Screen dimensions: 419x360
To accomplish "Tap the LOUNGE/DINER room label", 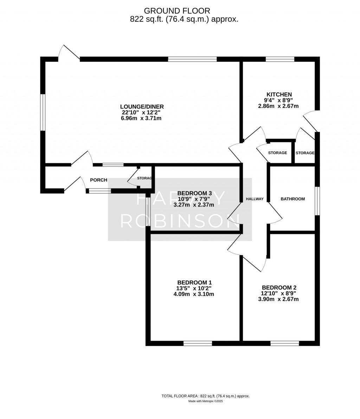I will point(142,107).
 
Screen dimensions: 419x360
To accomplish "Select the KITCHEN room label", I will point(279,94).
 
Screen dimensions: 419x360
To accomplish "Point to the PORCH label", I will point(98,180).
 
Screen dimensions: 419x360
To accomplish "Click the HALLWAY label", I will point(255,199).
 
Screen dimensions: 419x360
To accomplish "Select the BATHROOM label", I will point(292,199).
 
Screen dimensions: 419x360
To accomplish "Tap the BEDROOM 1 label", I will point(194,282).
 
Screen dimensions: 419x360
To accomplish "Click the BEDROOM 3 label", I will point(194,193).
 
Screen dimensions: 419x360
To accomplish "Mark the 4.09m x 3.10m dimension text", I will point(194,294).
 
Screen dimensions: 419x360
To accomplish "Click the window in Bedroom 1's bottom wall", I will point(198,343).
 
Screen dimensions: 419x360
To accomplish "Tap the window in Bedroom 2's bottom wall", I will point(285,343).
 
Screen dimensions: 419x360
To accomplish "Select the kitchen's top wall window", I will point(280,59).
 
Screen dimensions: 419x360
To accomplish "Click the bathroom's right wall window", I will point(317,201).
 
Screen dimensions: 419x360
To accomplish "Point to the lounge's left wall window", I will point(43,112).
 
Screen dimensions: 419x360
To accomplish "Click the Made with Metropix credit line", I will point(206,401).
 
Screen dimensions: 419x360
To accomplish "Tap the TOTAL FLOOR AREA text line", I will point(205,396).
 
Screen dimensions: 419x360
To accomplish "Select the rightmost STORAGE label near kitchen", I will point(305,153).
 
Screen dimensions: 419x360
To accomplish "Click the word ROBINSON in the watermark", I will point(180,221).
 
